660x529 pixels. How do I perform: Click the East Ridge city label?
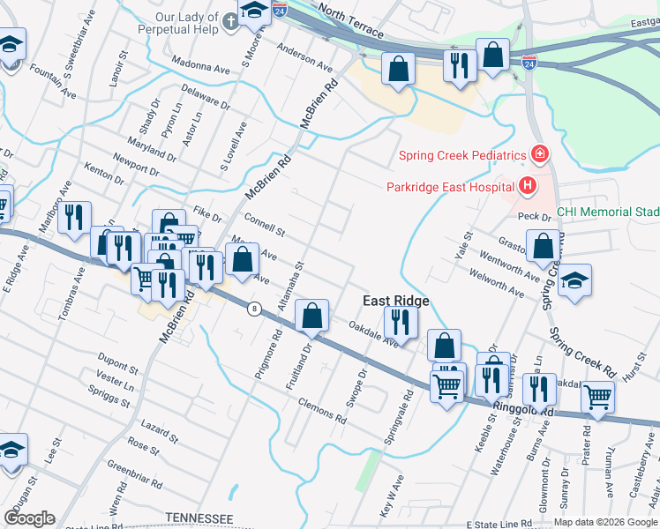pos(396,301)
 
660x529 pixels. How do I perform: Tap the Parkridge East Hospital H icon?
pos(528,186)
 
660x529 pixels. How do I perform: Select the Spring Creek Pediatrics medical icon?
pos(538,155)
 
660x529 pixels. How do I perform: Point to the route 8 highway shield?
pos(255,309)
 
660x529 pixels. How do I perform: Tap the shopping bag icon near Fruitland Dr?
pos(311,316)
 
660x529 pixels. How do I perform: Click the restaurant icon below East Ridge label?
pos(401,323)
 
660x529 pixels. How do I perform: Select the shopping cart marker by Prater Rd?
pos(597,398)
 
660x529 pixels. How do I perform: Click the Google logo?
pos(29,518)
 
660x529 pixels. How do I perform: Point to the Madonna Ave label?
pos(200,66)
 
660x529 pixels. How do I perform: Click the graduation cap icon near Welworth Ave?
pos(575,281)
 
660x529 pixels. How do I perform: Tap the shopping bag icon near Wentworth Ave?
pos(543,246)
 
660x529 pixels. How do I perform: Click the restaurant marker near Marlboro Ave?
pos(75,217)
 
